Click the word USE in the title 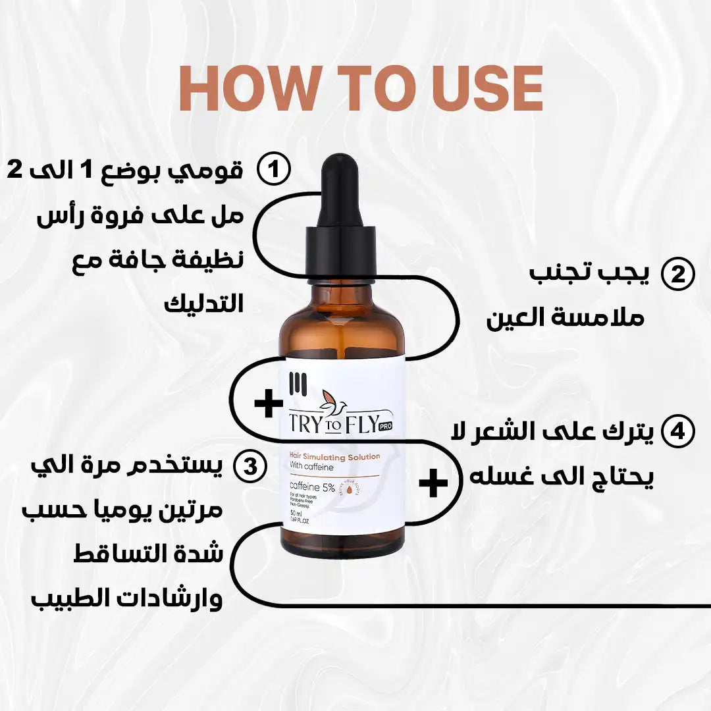point(483,88)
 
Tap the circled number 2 point(677,274)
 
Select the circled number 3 point(250,467)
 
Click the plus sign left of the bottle point(269,404)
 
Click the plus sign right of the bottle point(433,483)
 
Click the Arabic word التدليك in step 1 point(203,303)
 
